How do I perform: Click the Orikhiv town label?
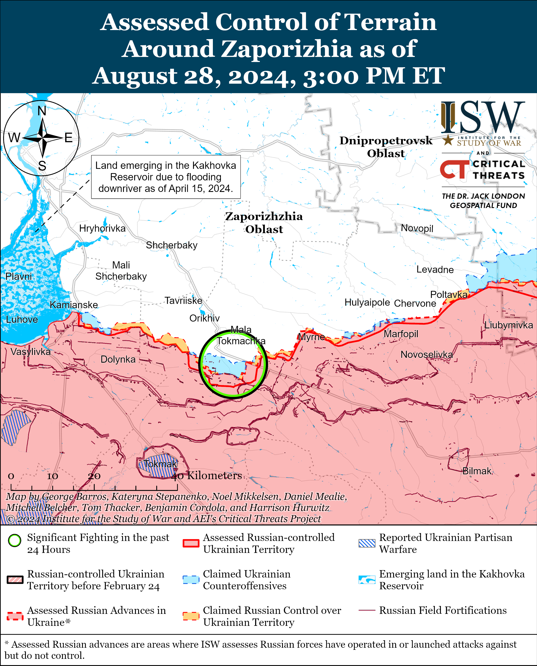204,318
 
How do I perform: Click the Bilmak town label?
477,471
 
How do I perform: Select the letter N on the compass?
42,111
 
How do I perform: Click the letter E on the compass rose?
68,137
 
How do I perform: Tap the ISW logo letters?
483,118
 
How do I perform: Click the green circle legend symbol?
14,540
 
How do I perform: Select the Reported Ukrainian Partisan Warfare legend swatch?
367,543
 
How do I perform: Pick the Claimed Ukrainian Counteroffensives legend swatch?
191,579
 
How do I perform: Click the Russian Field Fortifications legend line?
367,610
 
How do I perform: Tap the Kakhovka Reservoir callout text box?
166,177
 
